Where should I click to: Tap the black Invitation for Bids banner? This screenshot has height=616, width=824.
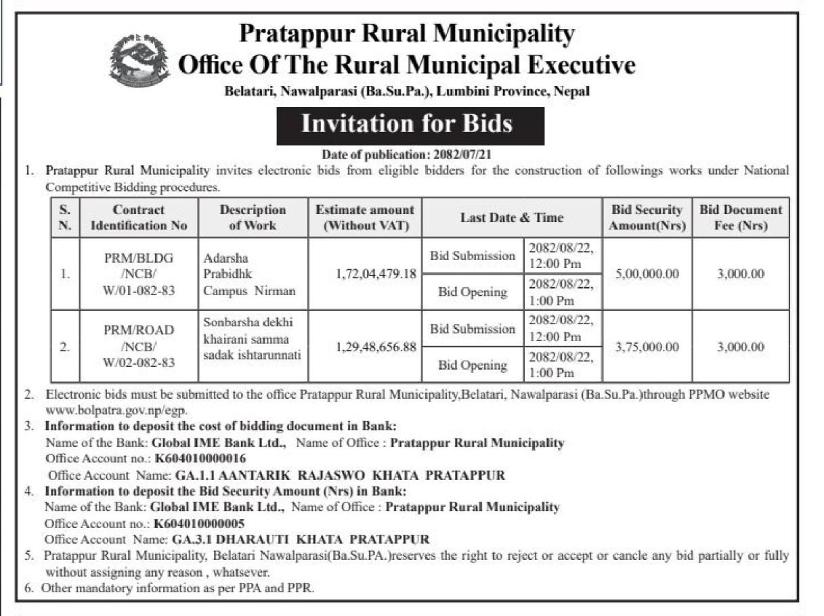pos(410,125)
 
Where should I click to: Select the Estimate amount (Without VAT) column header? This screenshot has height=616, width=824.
pos(365,217)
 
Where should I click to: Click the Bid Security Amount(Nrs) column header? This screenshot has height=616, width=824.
pos(647,217)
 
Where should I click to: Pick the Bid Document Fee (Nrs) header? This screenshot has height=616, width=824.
pos(740,217)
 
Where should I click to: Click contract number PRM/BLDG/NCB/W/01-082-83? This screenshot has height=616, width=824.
pos(139,275)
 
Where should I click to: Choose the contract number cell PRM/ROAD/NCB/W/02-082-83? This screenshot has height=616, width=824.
pos(139,347)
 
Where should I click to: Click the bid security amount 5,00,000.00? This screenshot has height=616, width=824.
pos(647,275)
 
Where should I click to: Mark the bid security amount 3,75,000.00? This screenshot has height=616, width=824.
pos(647,347)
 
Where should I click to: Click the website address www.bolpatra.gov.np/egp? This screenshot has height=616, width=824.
pos(116,410)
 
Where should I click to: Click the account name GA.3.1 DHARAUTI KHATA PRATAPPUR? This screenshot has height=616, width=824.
pos(298,540)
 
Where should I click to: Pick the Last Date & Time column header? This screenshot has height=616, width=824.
pos(511,217)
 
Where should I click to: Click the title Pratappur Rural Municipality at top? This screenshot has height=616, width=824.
pos(407,32)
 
